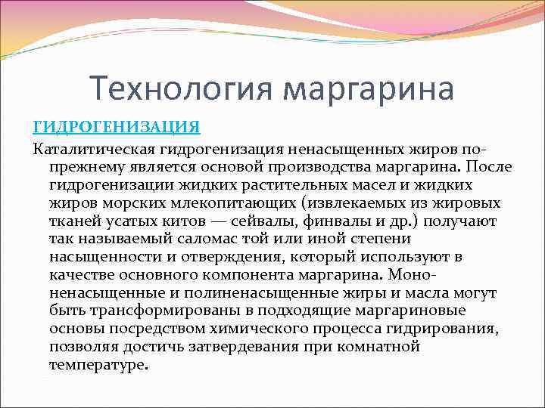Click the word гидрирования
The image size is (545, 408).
click(x=451, y=329)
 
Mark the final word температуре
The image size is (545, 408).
click(x=98, y=365)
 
